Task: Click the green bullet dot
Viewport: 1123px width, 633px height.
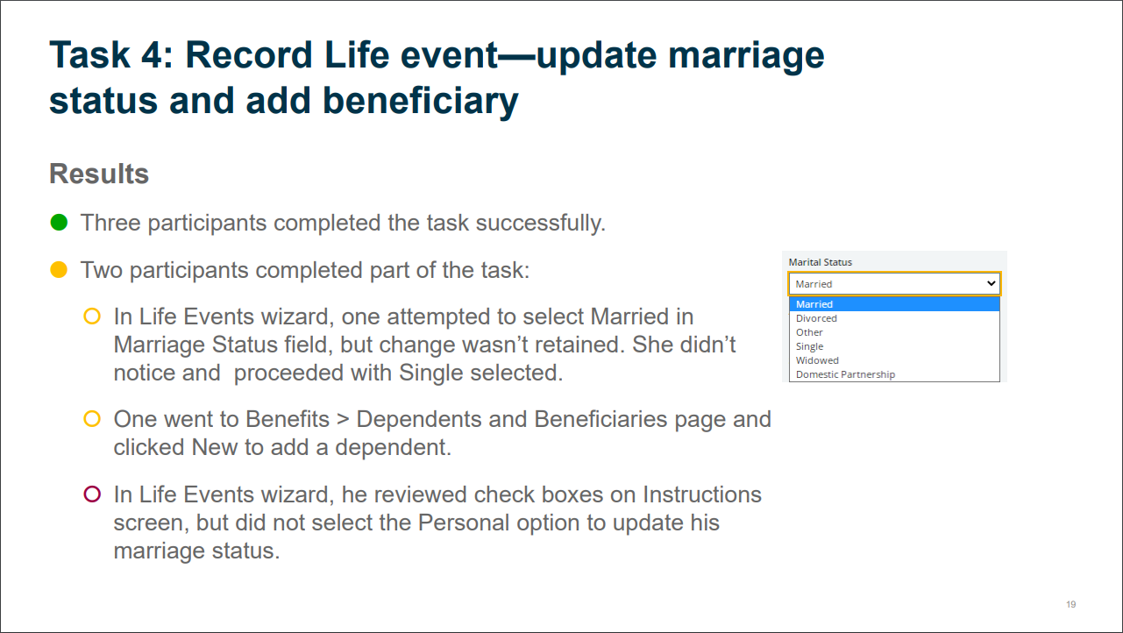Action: coord(59,223)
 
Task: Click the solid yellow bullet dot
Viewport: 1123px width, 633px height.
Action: coord(59,270)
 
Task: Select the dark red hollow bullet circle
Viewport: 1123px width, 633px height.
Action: coord(92,494)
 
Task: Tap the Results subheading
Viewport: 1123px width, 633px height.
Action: coord(99,174)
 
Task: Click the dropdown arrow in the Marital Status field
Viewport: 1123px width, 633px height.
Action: coord(991,283)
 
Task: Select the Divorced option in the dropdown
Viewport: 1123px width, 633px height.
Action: coord(816,318)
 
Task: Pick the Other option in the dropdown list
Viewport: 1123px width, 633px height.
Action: coord(809,332)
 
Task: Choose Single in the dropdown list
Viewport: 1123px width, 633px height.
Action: coord(809,346)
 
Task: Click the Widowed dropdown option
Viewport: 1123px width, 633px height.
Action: coord(817,360)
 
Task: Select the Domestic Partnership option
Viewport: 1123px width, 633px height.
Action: coord(845,374)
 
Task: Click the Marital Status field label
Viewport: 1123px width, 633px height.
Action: coord(821,262)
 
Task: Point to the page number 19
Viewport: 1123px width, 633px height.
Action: coord(1071,604)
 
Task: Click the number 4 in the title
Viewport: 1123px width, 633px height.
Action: coord(151,54)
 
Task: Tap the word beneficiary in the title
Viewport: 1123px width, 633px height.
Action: coord(420,101)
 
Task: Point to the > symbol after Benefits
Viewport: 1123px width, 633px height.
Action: coord(343,419)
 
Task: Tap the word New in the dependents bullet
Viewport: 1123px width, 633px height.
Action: coord(215,447)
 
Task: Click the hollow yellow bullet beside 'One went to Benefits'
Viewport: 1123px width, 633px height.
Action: coord(92,418)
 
